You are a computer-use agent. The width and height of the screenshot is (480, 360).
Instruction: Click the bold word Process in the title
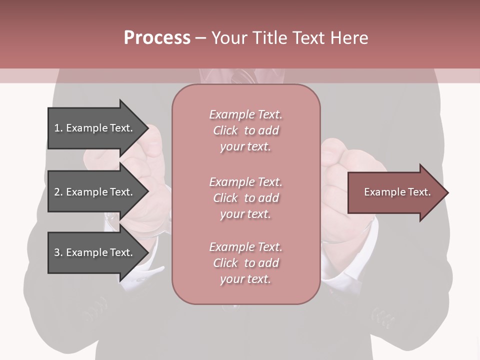pyautogui.click(x=157, y=38)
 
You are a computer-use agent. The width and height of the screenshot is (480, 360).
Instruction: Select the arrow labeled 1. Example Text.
pyautogui.click(x=95, y=128)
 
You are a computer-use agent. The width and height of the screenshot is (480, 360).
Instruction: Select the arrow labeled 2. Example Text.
pyautogui.click(x=95, y=192)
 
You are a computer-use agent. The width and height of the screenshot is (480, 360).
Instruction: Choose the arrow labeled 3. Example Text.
pyautogui.click(x=95, y=252)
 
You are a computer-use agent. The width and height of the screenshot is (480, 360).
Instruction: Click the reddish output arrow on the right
pyautogui.click(x=395, y=192)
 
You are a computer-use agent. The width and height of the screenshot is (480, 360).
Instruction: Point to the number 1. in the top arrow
pyautogui.click(x=58, y=128)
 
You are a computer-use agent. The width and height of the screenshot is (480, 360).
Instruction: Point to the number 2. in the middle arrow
pyautogui.click(x=58, y=192)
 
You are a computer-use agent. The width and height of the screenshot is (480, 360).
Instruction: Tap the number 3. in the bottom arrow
pyautogui.click(x=58, y=252)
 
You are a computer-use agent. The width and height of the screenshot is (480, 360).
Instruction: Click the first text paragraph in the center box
pyautogui.click(x=245, y=130)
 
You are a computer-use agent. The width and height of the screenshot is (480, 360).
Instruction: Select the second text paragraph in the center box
pyautogui.click(x=245, y=198)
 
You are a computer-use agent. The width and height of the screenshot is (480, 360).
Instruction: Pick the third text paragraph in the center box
pyautogui.click(x=245, y=263)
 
